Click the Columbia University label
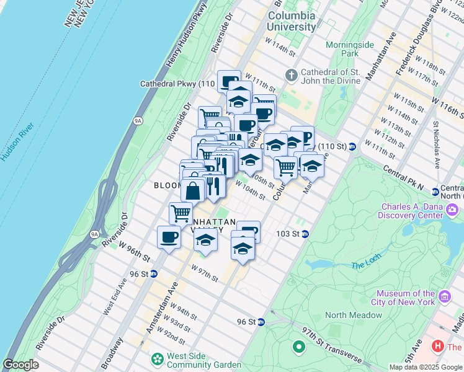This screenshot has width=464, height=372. [291, 21]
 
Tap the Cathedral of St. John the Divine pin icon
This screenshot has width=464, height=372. [292, 75]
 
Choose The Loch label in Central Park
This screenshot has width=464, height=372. [364, 265]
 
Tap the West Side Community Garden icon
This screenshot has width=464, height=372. [158, 358]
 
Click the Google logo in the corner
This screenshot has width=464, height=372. [20, 365]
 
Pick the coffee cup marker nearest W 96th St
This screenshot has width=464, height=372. [169, 237]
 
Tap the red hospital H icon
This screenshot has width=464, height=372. [438, 347]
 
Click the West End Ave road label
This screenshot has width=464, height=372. [115, 296]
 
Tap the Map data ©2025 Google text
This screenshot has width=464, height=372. [426, 367]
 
